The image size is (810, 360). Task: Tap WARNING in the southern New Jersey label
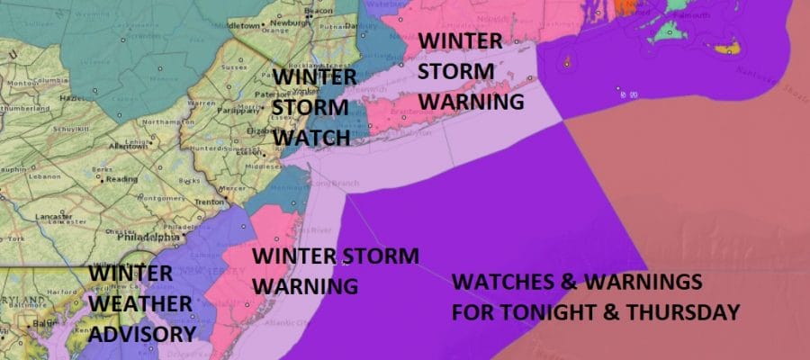[304, 285]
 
